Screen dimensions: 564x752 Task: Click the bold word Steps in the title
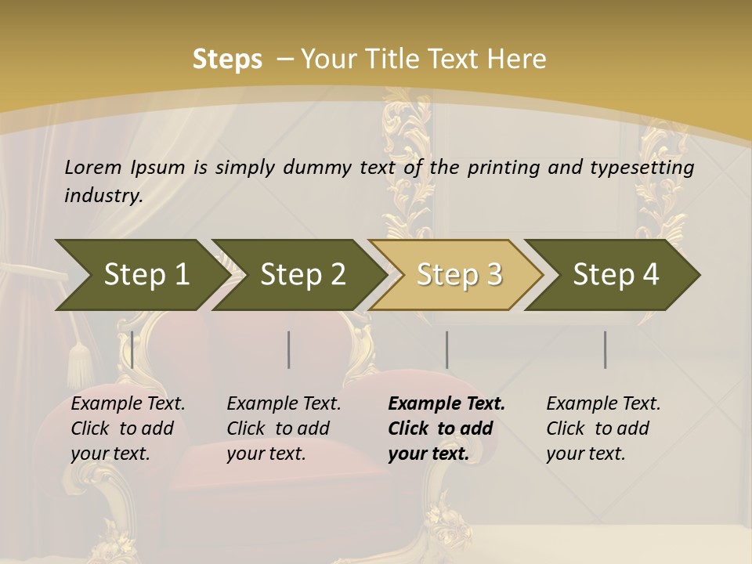(x=227, y=60)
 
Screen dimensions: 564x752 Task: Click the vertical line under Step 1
(x=132, y=349)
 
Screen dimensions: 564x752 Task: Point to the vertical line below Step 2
(x=289, y=349)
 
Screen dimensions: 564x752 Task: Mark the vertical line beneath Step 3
(x=446, y=349)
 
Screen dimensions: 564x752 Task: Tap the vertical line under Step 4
(x=605, y=349)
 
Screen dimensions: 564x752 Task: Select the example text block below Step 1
(x=128, y=428)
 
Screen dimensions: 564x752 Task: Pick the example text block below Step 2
(x=284, y=428)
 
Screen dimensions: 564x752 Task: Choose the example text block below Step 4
(x=603, y=428)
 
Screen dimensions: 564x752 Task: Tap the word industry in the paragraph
(x=103, y=195)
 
